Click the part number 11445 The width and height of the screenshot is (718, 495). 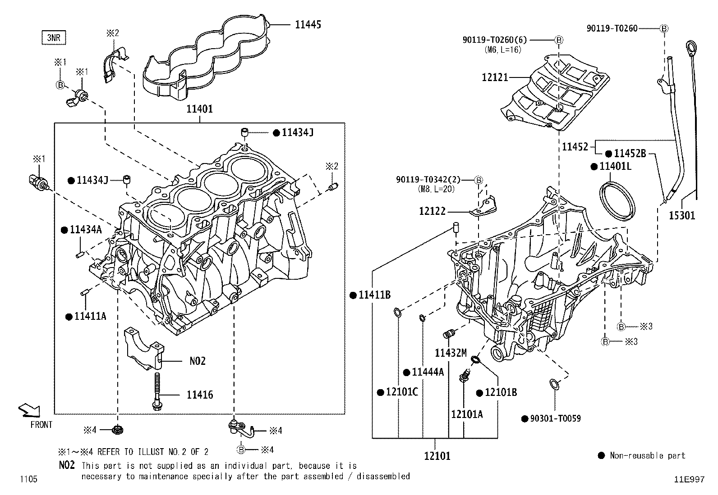pos(308,25)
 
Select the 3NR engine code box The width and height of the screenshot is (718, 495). pos(54,37)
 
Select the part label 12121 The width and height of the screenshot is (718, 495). pos(495,77)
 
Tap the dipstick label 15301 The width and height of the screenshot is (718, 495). pos(682,216)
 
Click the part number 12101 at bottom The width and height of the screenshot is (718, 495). pos(437,456)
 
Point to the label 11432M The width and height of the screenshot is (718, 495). pos(451,353)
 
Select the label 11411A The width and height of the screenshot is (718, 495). pos(90,317)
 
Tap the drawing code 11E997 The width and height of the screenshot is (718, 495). pos(689,480)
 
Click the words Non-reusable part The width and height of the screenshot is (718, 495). pos(647,456)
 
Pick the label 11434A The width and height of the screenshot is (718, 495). pos(86,230)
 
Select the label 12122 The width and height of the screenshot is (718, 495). pos(432,211)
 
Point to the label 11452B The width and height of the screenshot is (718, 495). pos(630,154)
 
